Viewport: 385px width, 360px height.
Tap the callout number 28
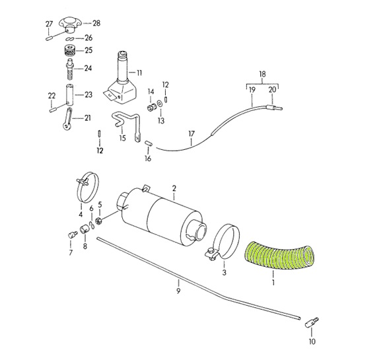tap(96, 23)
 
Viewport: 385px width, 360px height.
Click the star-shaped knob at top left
tap(69, 25)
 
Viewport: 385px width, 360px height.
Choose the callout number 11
tap(139, 73)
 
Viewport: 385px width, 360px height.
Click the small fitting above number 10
tap(312, 322)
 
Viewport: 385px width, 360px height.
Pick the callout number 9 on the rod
tap(178, 291)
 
